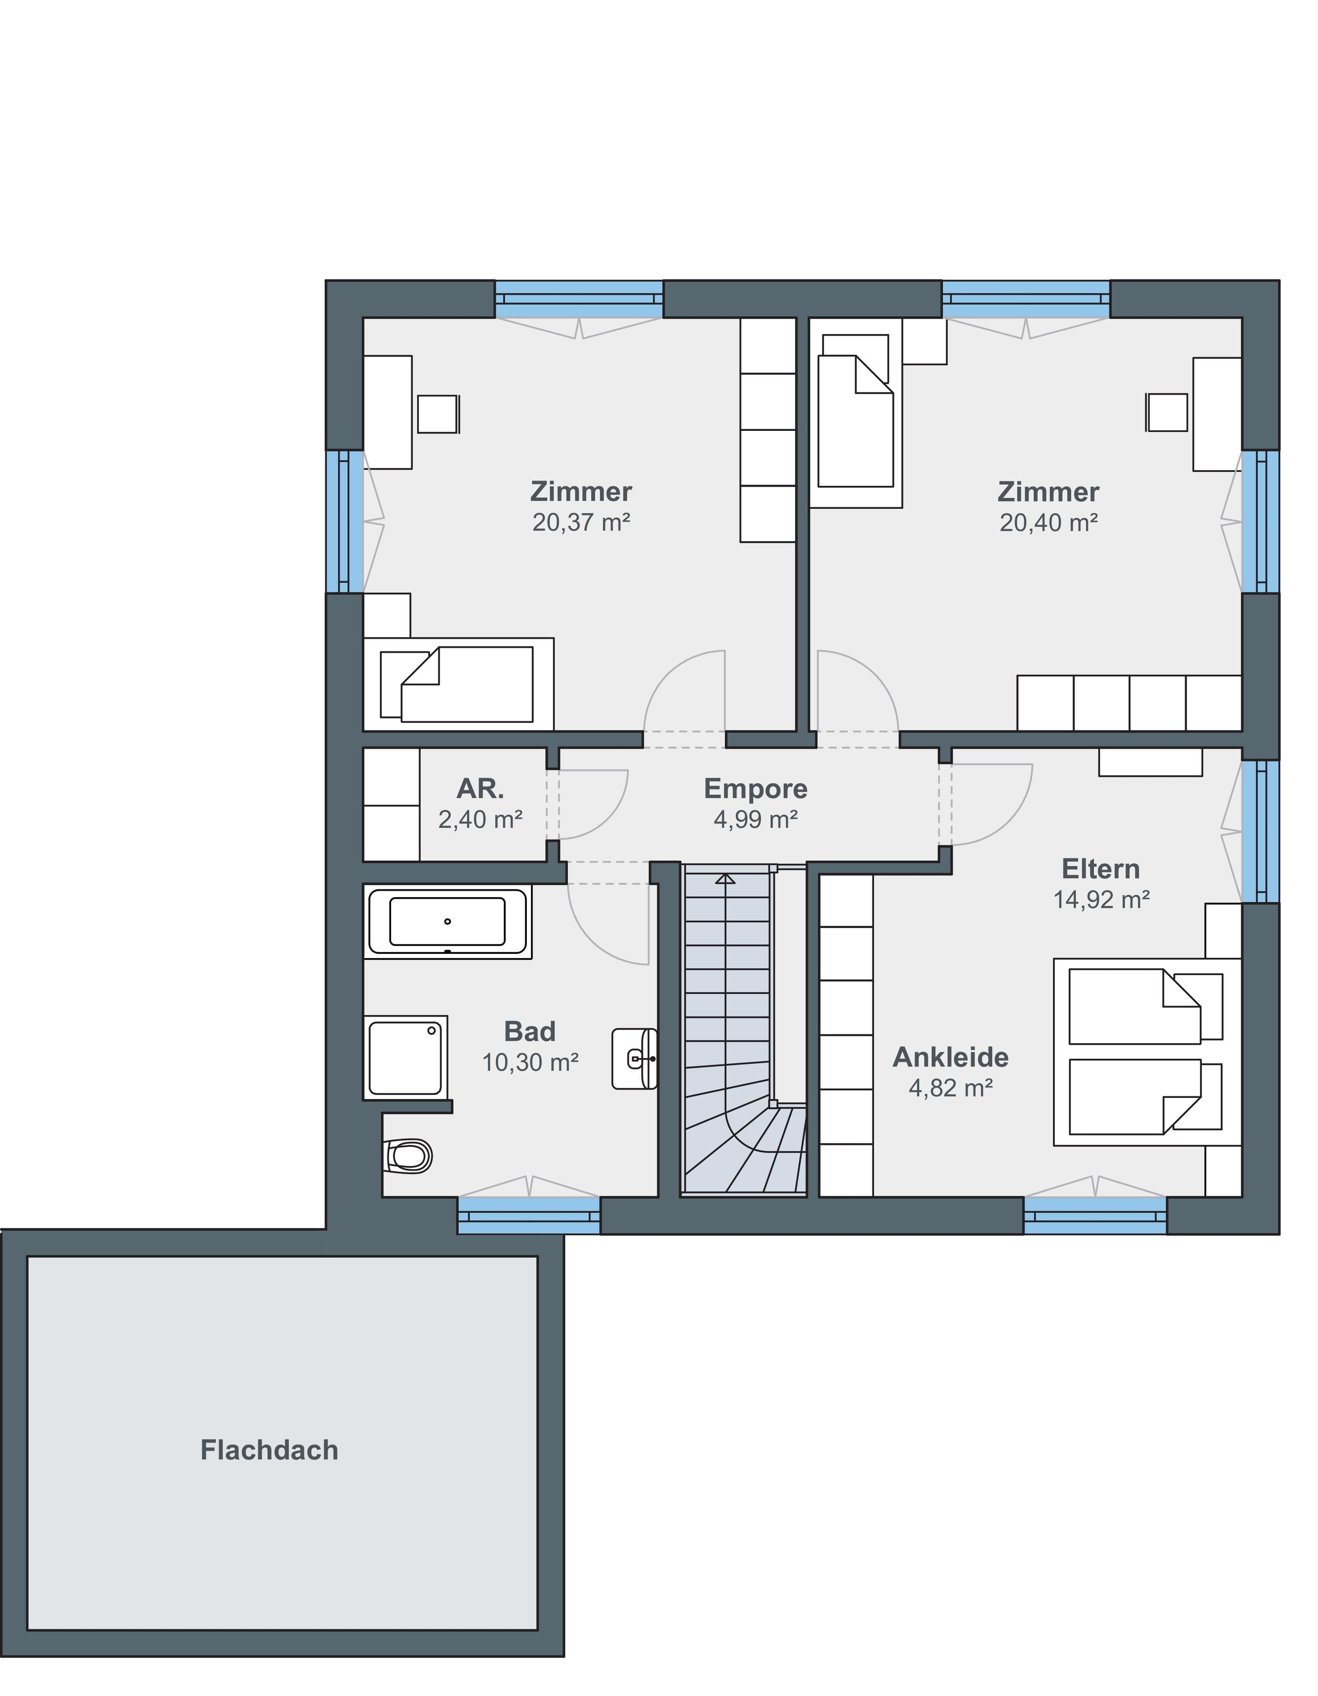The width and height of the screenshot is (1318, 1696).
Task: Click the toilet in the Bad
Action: [407, 1156]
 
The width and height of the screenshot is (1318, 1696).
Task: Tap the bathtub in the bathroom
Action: [447, 922]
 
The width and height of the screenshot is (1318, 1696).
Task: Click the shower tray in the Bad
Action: [405, 1057]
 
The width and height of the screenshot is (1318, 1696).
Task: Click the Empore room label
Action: [755, 789]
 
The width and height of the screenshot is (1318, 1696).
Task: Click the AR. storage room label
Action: [480, 789]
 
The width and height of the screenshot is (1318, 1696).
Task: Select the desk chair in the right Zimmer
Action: [1167, 412]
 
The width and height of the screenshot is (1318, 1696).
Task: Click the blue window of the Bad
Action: [528, 1215]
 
